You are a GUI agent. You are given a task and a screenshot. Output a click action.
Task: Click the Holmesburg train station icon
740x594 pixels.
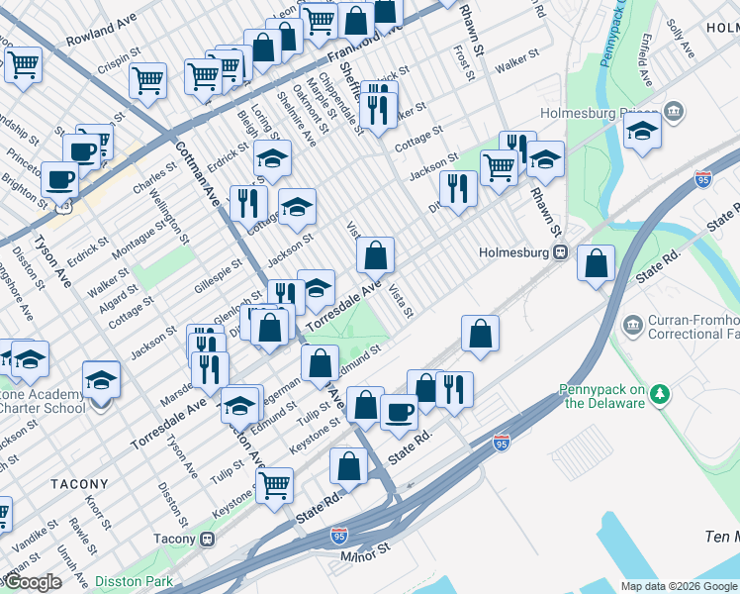point(560,251)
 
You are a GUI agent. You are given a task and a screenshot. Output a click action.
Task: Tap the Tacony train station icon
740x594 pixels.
point(208,540)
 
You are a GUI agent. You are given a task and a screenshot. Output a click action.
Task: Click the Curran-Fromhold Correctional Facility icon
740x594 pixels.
point(633,324)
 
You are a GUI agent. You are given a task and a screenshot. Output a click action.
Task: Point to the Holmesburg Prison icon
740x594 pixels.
point(676,109)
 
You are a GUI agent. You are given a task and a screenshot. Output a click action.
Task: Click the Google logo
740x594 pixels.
point(32,582)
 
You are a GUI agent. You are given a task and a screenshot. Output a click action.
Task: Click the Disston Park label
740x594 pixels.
point(134,581)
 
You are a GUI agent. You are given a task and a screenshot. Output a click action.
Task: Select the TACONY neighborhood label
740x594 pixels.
point(78,484)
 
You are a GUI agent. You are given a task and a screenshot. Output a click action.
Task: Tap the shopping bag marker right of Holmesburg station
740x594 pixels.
point(596,264)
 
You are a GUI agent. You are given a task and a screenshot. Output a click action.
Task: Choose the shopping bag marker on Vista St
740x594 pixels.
point(376,256)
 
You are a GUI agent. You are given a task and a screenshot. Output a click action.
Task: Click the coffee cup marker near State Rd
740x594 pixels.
point(399,411)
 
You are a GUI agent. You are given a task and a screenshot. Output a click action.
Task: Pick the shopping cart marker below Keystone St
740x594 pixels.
point(274,484)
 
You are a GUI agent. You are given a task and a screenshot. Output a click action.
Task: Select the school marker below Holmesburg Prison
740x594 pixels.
point(642,132)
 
